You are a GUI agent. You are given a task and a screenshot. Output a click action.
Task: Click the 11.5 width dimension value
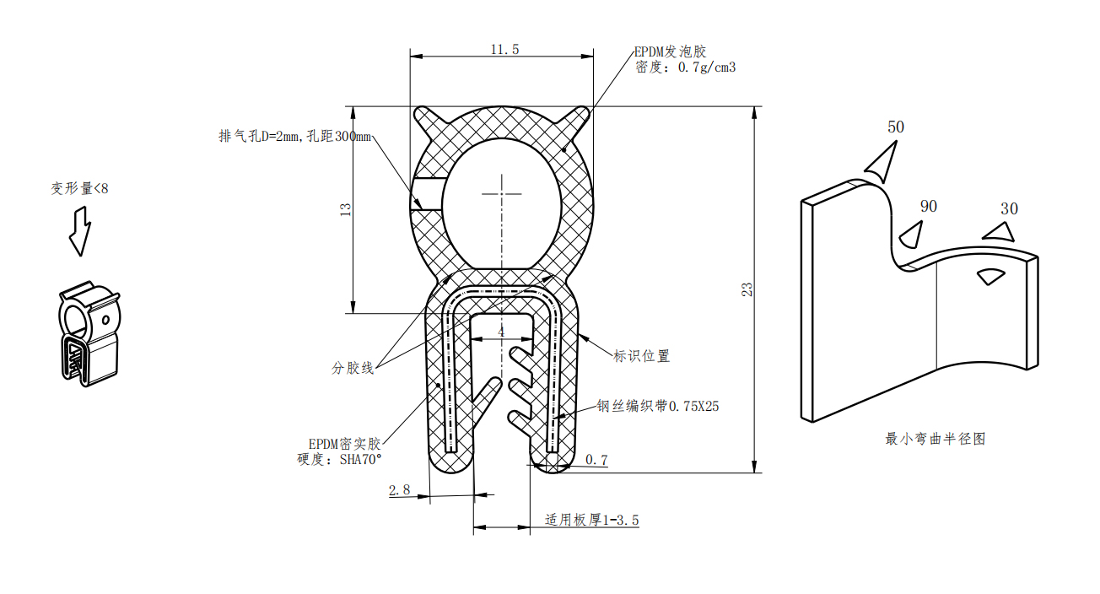pyautogui.click(x=504, y=50)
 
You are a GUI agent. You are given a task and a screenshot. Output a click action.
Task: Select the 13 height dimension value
pyautogui.click(x=345, y=210)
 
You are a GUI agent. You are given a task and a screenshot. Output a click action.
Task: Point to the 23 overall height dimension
pyautogui.click(x=747, y=289)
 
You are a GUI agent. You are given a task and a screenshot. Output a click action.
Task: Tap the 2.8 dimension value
pyautogui.click(x=400, y=489)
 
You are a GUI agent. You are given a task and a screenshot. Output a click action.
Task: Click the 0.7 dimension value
pyautogui.click(x=596, y=460)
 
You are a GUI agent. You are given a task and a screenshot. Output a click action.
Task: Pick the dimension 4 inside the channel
pyautogui.click(x=501, y=332)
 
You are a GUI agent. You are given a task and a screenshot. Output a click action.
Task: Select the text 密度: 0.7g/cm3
pyautogui.click(x=685, y=67)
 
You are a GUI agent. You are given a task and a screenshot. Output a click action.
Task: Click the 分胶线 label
pyautogui.click(x=353, y=368)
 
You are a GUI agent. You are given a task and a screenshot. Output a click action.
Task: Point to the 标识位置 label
pyautogui.click(x=641, y=356)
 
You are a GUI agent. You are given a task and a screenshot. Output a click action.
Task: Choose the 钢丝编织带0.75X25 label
pyautogui.click(x=658, y=406)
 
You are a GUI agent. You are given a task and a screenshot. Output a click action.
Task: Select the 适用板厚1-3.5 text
pyautogui.click(x=591, y=520)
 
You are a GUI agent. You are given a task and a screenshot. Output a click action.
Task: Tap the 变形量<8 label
pyautogui.click(x=79, y=189)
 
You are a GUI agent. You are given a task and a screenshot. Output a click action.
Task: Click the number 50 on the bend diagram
pyautogui.click(x=895, y=127)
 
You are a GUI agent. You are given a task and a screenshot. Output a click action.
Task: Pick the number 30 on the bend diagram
pyautogui.click(x=1008, y=208)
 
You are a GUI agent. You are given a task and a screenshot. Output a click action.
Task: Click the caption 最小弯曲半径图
pyautogui.click(x=935, y=439)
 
